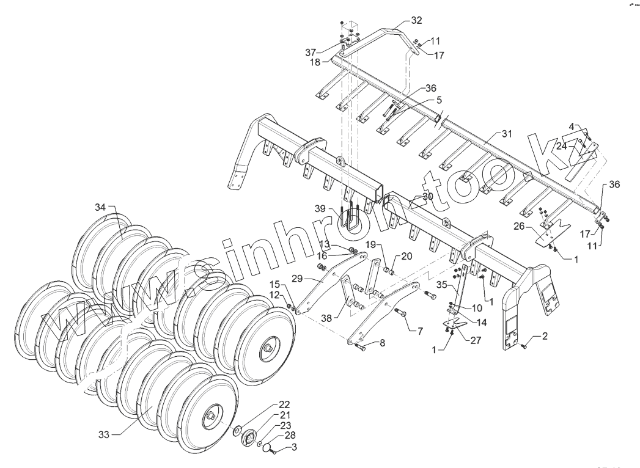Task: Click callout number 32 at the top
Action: (x=416, y=20)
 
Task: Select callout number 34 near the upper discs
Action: (x=100, y=208)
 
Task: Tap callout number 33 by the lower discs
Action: (x=105, y=433)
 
